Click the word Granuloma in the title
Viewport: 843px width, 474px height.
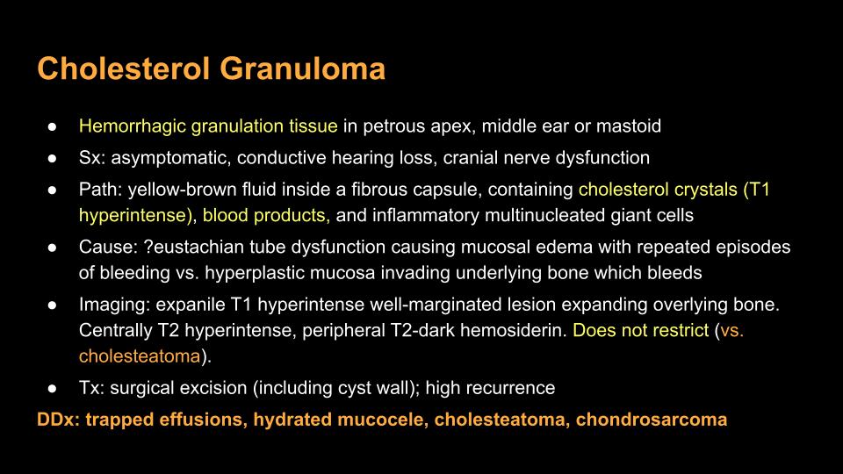(302, 68)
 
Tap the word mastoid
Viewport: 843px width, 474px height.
(629, 126)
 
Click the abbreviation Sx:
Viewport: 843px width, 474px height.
(92, 157)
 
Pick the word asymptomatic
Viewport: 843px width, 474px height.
(171, 159)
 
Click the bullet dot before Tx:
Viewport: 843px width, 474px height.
(52, 388)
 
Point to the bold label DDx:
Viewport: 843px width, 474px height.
(58, 420)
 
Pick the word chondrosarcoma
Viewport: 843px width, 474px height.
(651, 420)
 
